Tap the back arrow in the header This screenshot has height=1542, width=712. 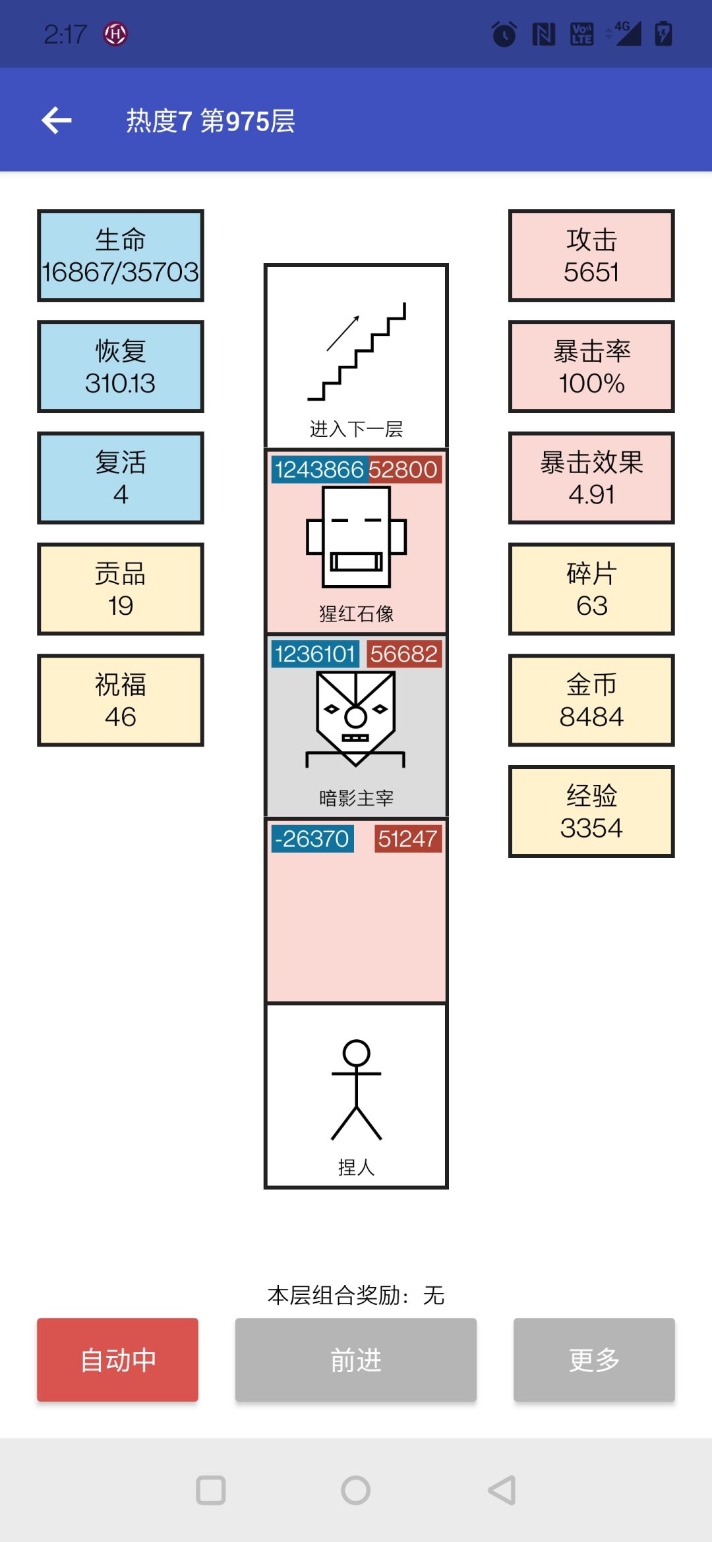tap(57, 120)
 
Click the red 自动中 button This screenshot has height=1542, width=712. tap(117, 1359)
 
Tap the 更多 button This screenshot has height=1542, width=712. tap(594, 1359)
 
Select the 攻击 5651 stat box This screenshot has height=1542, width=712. tap(591, 256)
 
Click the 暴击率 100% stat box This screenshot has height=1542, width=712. tap(591, 367)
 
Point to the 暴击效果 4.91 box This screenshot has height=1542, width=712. tap(591, 478)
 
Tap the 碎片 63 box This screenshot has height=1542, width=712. tap(591, 589)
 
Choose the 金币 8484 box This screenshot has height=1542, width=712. tap(591, 700)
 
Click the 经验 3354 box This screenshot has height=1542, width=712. tap(591, 811)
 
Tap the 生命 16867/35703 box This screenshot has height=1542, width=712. tap(121, 256)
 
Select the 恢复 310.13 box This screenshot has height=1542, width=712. tap(121, 367)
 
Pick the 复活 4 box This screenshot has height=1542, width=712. tap(121, 478)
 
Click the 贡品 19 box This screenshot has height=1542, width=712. tap(121, 589)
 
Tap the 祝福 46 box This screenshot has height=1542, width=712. tap(121, 700)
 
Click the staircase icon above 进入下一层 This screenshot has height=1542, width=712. tap(356, 351)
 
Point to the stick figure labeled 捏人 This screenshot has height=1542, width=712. tap(356, 1090)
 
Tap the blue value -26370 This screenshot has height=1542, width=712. tap(312, 839)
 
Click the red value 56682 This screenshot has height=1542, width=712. tap(404, 654)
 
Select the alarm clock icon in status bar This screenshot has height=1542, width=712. tap(504, 34)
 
